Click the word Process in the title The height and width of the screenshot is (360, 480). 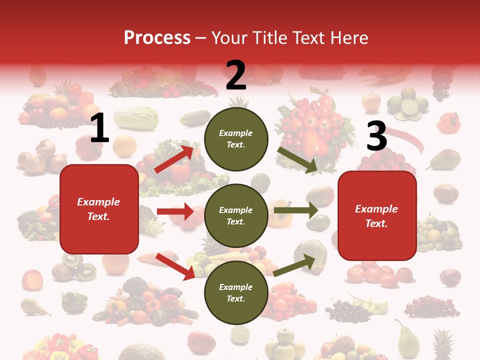point(157,37)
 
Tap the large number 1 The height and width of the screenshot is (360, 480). point(99,128)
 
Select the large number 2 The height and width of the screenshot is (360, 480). point(235,76)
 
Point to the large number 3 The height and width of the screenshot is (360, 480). point(376,136)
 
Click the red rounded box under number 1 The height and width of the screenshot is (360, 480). point(99,209)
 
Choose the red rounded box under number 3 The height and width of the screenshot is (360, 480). point(377,216)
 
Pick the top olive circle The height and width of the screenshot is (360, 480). point(236,139)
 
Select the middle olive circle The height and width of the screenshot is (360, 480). point(236,215)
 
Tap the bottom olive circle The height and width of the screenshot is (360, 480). point(236,292)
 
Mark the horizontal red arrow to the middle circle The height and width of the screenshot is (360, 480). point(175,211)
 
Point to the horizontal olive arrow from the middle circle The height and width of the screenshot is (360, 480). point(296,210)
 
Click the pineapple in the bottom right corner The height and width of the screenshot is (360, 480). point(442,345)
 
